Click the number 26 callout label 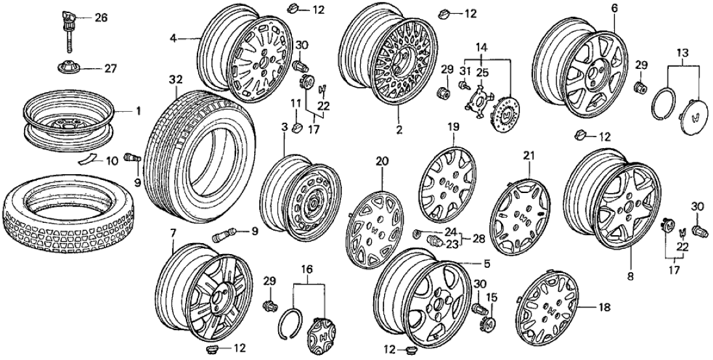(x=101, y=18)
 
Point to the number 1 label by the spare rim (x=138, y=111)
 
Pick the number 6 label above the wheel (x=614, y=8)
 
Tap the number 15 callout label (x=491, y=297)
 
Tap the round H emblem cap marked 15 (x=490, y=323)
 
